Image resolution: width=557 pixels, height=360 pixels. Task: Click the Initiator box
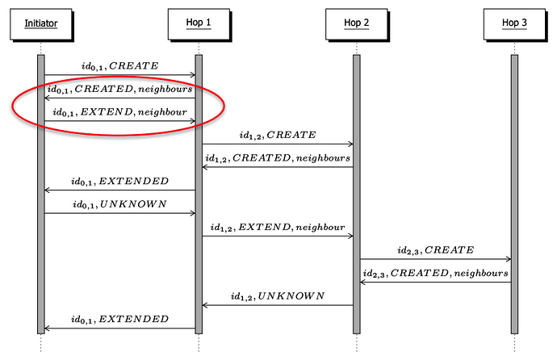coord(41,23)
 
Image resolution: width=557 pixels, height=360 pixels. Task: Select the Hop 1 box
coord(198,23)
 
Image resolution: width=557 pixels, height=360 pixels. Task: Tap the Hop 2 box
coord(355,23)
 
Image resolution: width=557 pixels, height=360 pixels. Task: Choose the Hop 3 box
coord(513,23)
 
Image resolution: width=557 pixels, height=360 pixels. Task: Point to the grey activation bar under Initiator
coord(40,242)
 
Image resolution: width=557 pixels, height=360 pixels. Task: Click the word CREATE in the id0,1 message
coord(134,65)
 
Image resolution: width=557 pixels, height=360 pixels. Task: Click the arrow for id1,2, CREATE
coord(277,144)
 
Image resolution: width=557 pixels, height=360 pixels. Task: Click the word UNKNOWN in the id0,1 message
coord(134,204)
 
